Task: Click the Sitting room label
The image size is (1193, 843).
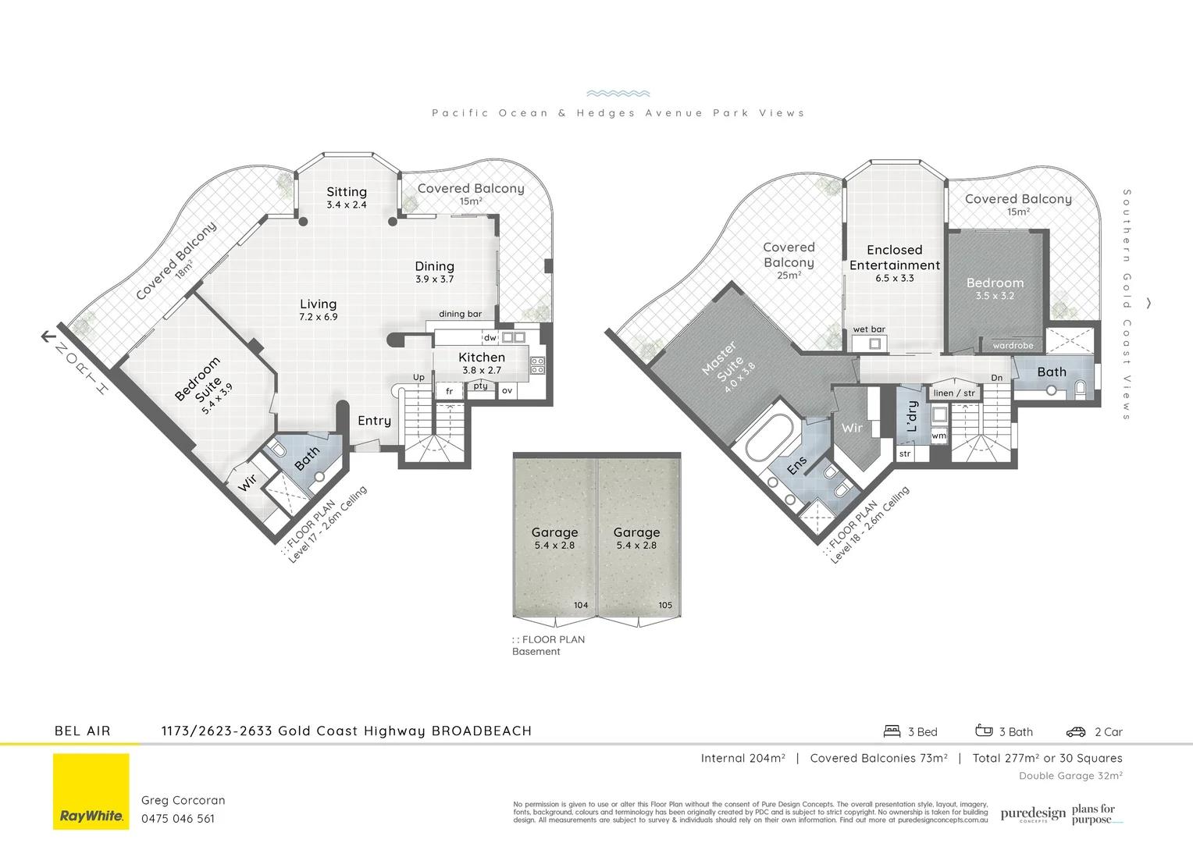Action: coord(347,192)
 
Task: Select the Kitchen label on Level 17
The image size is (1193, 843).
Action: coord(482,357)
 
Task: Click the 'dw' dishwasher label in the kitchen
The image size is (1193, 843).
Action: coord(490,338)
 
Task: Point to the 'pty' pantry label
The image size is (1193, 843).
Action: coord(480,386)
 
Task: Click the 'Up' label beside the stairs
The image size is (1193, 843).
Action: coord(418,378)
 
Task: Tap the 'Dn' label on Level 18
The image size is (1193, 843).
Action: coord(996,378)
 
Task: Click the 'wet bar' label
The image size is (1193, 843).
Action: coord(869,329)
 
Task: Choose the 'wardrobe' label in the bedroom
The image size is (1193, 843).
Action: coord(1013,346)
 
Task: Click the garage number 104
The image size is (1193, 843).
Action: coord(581,605)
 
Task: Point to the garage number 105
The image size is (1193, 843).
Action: coord(664,605)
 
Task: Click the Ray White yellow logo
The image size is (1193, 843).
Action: coord(91,791)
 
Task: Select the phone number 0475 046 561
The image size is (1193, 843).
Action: coord(178,819)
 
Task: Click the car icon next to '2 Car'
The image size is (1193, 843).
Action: coord(1076,732)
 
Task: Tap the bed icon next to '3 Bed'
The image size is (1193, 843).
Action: coord(892,731)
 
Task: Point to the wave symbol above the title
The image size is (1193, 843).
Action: coord(618,93)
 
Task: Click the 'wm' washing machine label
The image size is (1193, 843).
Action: coord(938,436)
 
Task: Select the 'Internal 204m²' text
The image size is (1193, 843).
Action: coord(743,758)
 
